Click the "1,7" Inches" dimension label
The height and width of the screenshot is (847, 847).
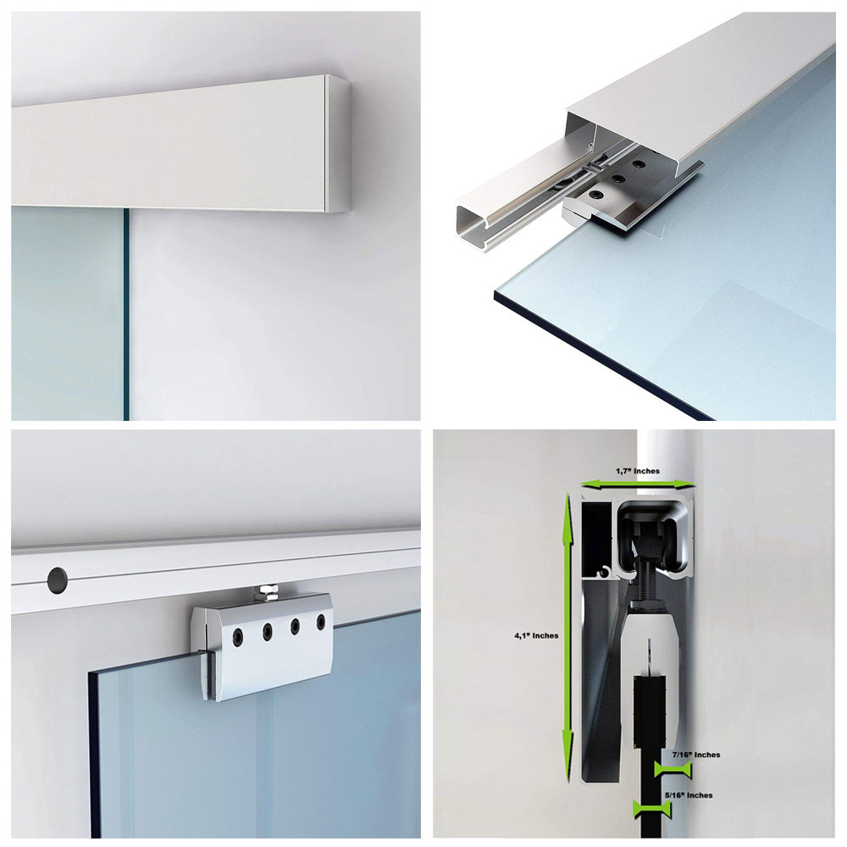pyautogui.click(x=636, y=471)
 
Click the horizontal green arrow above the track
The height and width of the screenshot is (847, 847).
pyautogui.click(x=637, y=484)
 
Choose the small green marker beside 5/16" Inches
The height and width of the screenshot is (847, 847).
pyautogui.click(x=652, y=809)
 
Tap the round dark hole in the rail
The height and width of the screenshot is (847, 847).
pyautogui.click(x=58, y=579)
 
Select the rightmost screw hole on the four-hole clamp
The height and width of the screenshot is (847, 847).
pyautogui.click(x=321, y=623)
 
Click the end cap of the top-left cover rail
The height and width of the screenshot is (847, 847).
pyautogui.click(x=339, y=144)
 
